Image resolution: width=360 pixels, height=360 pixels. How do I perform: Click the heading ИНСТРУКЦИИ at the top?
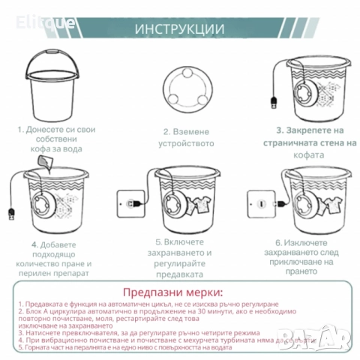pyautogui.click(x=179, y=29)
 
